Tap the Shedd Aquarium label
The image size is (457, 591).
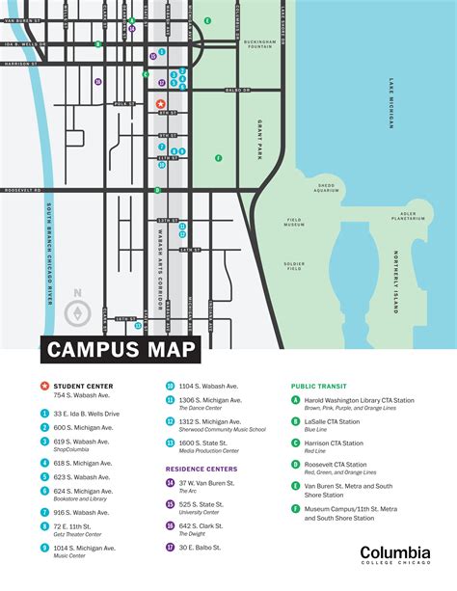point(326,188)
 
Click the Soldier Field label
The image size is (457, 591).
point(294,264)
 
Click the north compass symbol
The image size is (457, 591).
point(78,309)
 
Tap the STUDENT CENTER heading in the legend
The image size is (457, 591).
point(85,385)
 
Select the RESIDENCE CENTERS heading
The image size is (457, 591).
point(201,469)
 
